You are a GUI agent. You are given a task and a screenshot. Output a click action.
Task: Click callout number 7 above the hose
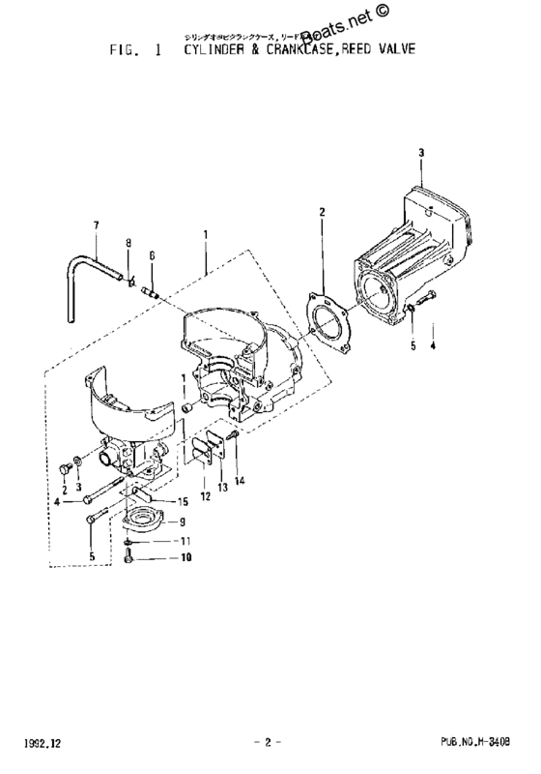(x=97, y=226)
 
